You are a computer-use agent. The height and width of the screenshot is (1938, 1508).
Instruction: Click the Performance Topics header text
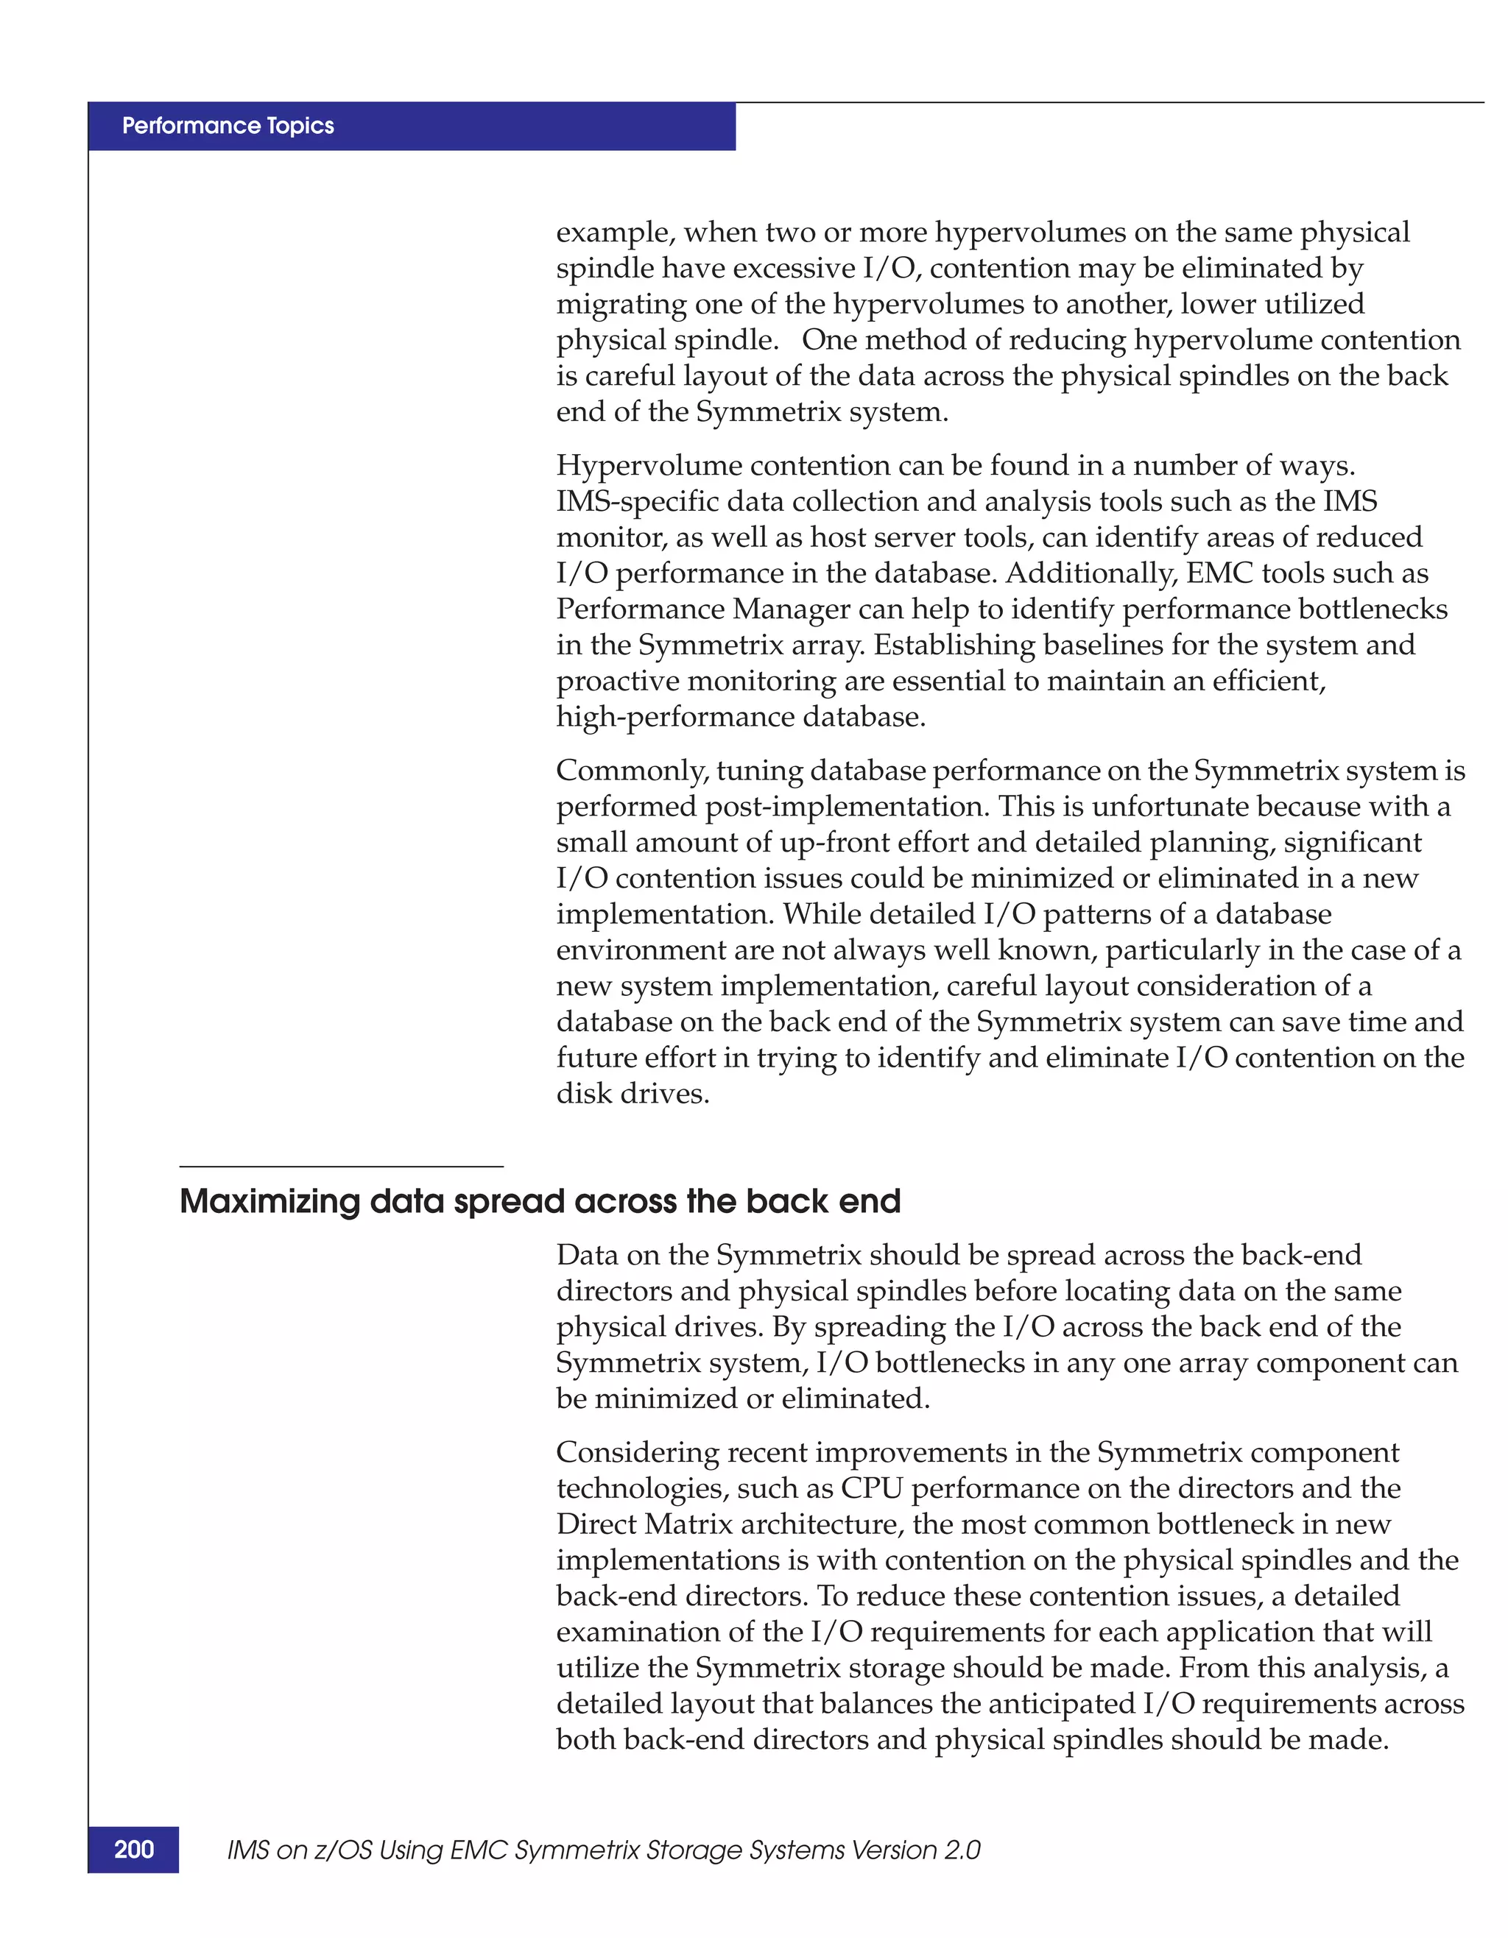click(228, 126)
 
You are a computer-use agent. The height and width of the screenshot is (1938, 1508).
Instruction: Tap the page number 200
click(134, 1849)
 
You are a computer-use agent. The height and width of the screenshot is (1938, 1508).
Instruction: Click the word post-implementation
click(847, 807)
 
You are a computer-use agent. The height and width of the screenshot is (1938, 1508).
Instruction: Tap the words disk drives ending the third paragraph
click(632, 1093)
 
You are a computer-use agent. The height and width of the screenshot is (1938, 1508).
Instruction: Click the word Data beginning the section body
click(588, 1256)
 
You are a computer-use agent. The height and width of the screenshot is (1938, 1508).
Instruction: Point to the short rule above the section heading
click(341, 1166)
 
